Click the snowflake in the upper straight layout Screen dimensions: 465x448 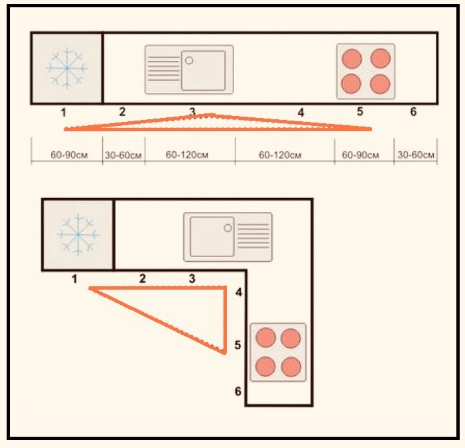66,68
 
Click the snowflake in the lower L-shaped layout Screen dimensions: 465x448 78,234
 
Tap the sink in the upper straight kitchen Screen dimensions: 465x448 189,69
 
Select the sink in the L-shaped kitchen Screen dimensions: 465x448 228,235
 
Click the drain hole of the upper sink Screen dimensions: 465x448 189,60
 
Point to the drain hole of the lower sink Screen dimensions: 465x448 228,227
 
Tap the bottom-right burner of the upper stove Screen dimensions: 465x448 380,84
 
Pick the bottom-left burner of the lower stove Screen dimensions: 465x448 265,366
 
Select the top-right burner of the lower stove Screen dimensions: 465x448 291,339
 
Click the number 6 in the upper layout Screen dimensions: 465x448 413,112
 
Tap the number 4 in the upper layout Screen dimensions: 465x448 300,113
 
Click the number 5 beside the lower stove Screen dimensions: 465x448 237,345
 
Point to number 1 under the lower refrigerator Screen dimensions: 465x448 74,279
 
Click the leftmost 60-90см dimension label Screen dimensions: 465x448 66,156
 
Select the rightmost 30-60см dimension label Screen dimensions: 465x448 416,156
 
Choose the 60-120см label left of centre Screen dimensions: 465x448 188,156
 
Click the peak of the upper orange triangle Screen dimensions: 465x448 210,115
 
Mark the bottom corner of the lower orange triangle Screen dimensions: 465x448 226,353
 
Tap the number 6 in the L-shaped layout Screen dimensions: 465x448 238,391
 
